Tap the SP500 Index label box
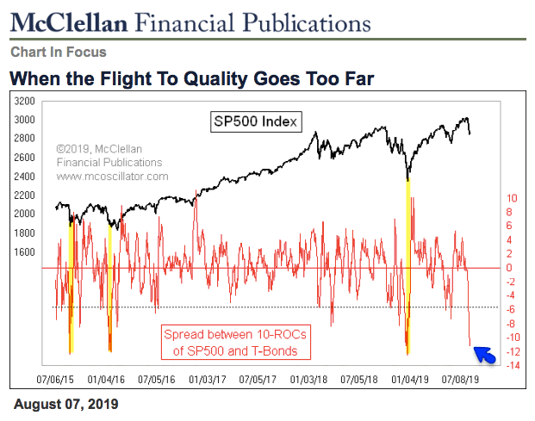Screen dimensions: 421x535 (255, 121)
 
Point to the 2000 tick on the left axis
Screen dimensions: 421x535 (24, 214)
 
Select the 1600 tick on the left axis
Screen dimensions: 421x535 (24, 251)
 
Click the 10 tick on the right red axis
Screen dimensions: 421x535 (512, 197)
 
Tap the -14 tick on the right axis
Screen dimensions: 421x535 (512, 366)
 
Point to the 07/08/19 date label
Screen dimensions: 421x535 (462, 378)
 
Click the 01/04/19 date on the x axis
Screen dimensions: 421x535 (410, 378)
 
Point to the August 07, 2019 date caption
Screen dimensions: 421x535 (65, 403)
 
